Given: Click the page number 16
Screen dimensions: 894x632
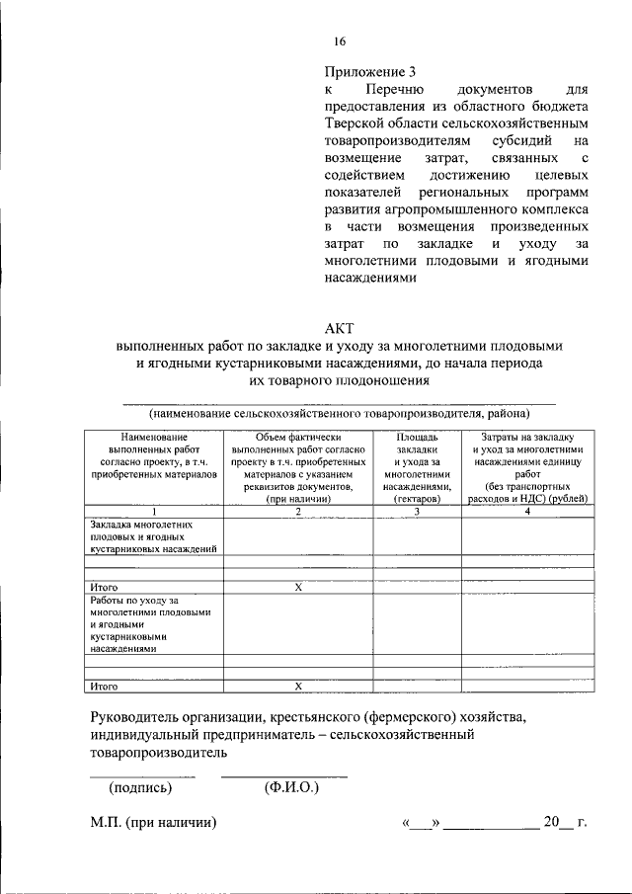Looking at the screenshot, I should pos(340,41).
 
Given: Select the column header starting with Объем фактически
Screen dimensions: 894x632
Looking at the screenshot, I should pos(298,468).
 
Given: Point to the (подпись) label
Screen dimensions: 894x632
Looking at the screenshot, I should pos(141,787).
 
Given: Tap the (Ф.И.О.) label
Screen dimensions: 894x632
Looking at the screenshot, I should pos(289,787).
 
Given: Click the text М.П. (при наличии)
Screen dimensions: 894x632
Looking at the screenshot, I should pos(153,822).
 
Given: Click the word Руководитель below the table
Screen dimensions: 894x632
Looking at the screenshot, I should pos(137,715).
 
